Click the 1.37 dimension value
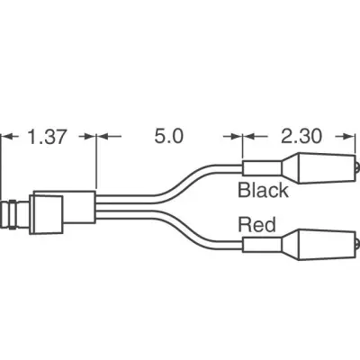(46, 137)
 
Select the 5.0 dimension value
(168, 136)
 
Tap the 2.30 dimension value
(301, 136)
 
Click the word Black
(263, 190)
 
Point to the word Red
(256, 224)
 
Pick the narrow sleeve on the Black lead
(262, 168)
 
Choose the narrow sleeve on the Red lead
(262, 245)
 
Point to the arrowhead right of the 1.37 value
(90, 137)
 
